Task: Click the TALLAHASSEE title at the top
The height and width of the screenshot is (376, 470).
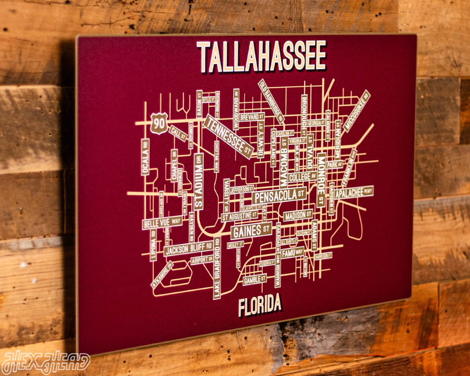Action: click(x=262, y=56)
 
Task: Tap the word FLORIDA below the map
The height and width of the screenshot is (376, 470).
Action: click(x=259, y=306)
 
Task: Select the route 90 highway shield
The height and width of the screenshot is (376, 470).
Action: click(x=159, y=123)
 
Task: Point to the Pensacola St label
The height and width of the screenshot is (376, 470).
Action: click(x=279, y=196)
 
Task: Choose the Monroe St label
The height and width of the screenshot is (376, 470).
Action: click(x=321, y=180)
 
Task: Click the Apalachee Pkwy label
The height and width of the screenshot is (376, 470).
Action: click(x=354, y=192)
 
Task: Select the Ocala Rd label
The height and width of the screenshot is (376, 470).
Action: click(x=145, y=157)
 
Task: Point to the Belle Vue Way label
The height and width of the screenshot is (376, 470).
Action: click(x=162, y=223)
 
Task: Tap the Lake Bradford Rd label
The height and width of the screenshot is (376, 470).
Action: click(x=217, y=269)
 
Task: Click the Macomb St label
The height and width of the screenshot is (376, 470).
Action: click(x=284, y=164)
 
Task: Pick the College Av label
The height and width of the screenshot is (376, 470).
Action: click(x=303, y=177)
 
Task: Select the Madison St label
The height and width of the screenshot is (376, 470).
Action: click(x=298, y=216)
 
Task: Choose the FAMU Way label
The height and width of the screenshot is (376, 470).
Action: click(x=292, y=253)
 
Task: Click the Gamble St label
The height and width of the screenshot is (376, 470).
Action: click(x=255, y=280)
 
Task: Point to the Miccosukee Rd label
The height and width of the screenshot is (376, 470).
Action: click(x=357, y=112)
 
